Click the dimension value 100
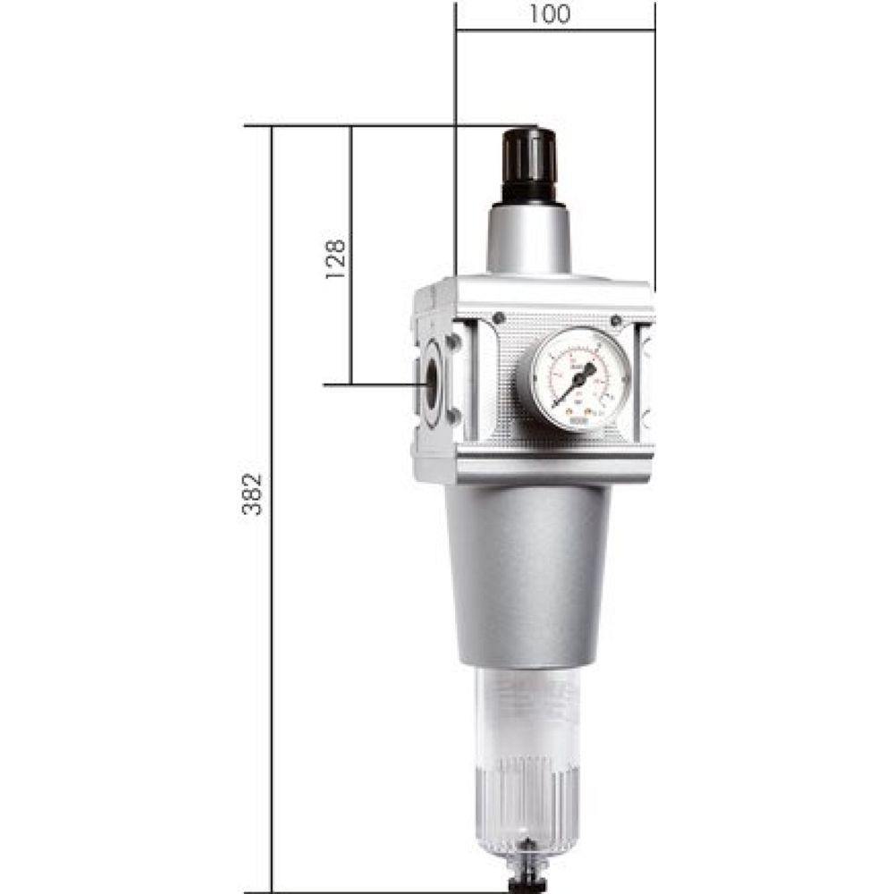[553, 15]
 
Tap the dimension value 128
[334, 259]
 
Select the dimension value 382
[254, 493]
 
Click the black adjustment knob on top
[529, 165]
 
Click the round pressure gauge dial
[579, 379]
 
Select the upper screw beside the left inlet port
[453, 342]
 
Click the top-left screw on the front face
[499, 318]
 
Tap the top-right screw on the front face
[616, 321]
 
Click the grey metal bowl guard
[527, 572]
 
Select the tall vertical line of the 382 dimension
[272, 626]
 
